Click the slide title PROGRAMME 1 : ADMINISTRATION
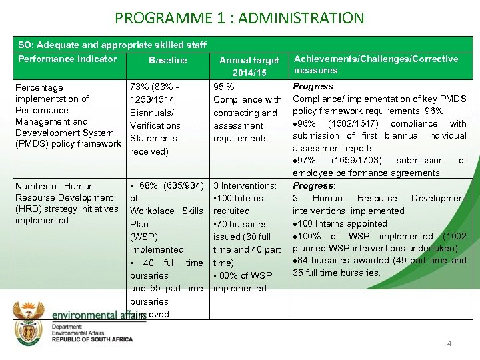coord(239,17)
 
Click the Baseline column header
coord(168,61)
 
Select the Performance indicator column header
coord(67,59)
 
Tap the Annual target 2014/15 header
coord(249,66)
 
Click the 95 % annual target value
coord(223,87)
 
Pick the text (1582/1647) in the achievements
coord(358,123)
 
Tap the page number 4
coord(449,343)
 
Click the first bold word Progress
coord(313,87)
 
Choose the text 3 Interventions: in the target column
coord(244,185)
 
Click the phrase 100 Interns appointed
coord(343,223)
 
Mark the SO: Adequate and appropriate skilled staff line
coord(112,45)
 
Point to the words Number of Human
coord(54,186)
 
